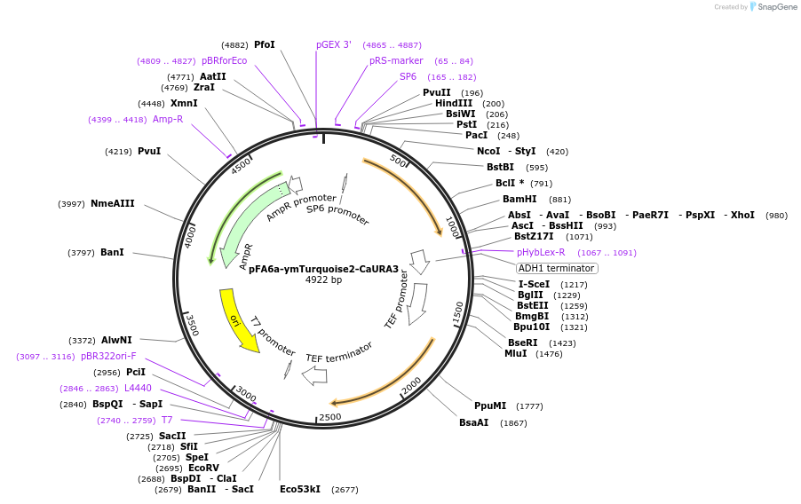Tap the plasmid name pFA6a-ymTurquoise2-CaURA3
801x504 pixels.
pyautogui.click(x=323, y=269)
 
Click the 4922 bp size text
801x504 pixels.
pyautogui.click(x=323, y=280)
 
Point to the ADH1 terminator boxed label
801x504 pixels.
pyautogui.click(x=557, y=268)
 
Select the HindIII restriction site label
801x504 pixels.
pyautogui.click(x=454, y=104)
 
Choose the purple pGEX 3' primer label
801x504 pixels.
pyautogui.click(x=334, y=44)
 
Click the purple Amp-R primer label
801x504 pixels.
pyautogui.click(x=168, y=119)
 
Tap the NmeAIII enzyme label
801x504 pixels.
pyautogui.click(x=113, y=203)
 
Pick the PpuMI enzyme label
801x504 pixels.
pyautogui.click(x=490, y=406)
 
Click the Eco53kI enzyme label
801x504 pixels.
pyautogui.click(x=300, y=489)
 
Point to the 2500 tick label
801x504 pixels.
pyautogui.click(x=329, y=417)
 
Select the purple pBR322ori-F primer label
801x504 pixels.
pyautogui.click(x=108, y=356)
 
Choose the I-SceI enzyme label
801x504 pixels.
pyautogui.click(x=534, y=284)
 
